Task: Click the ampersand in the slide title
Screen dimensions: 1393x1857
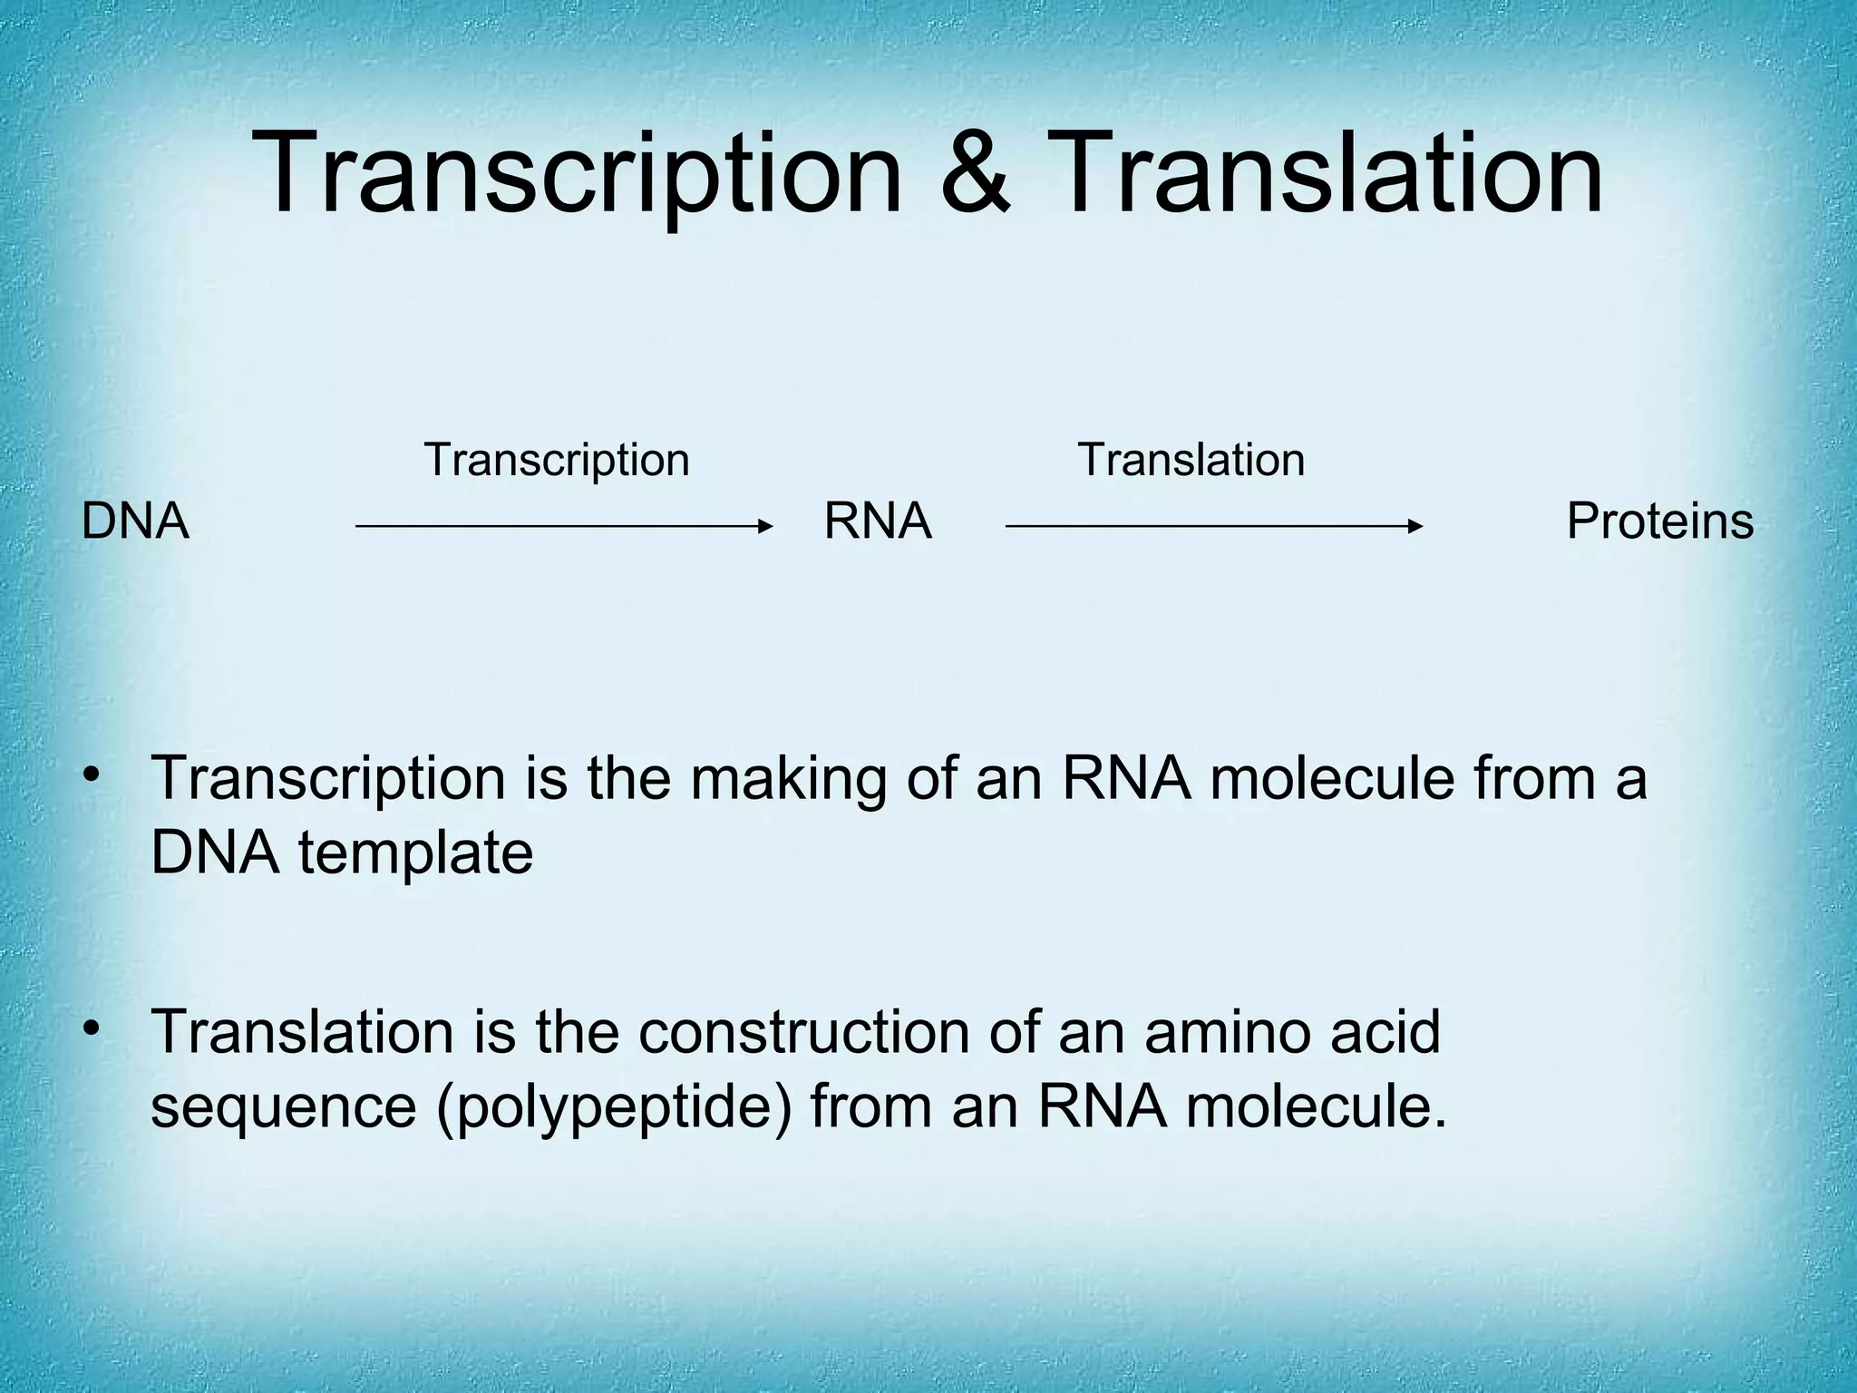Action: pyautogui.click(x=976, y=172)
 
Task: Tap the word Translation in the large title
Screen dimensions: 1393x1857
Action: pyautogui.click(x=1328, y=172)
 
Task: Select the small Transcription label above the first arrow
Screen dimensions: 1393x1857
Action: pyautogui.click(x=557, y=460)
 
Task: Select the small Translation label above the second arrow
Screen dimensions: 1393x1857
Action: pyautogui.click(x=1191, y=460)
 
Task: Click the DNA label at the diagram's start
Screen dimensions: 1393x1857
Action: pyautogui.click(x=135, y=522)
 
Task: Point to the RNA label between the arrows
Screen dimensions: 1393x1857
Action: pyautogui.click(x=877, y=522)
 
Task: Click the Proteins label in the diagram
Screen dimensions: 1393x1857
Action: pyautogui.click(x=1659, y=522)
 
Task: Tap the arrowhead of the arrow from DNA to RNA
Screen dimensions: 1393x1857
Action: pyautogui.click(x=766, y=526)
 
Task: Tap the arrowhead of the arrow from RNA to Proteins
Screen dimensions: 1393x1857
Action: pyautogui.click(x=1416, y=526)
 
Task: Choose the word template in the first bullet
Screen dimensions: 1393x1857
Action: pyautogui.click(x=415, y=854)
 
